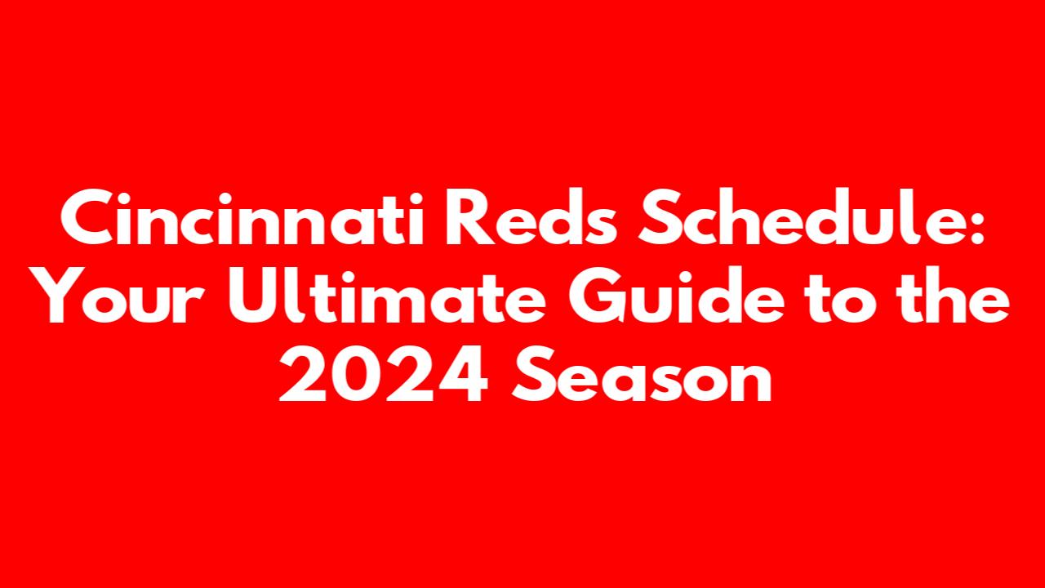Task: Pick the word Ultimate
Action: tap(387, 295)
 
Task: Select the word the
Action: tap(954, 295)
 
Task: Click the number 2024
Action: tap(383, 373)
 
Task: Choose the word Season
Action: tap(642, 373)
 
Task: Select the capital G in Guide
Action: tap(598, 296)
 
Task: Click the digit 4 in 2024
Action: tap(462, 374)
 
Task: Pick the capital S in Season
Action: tap(533, 373)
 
